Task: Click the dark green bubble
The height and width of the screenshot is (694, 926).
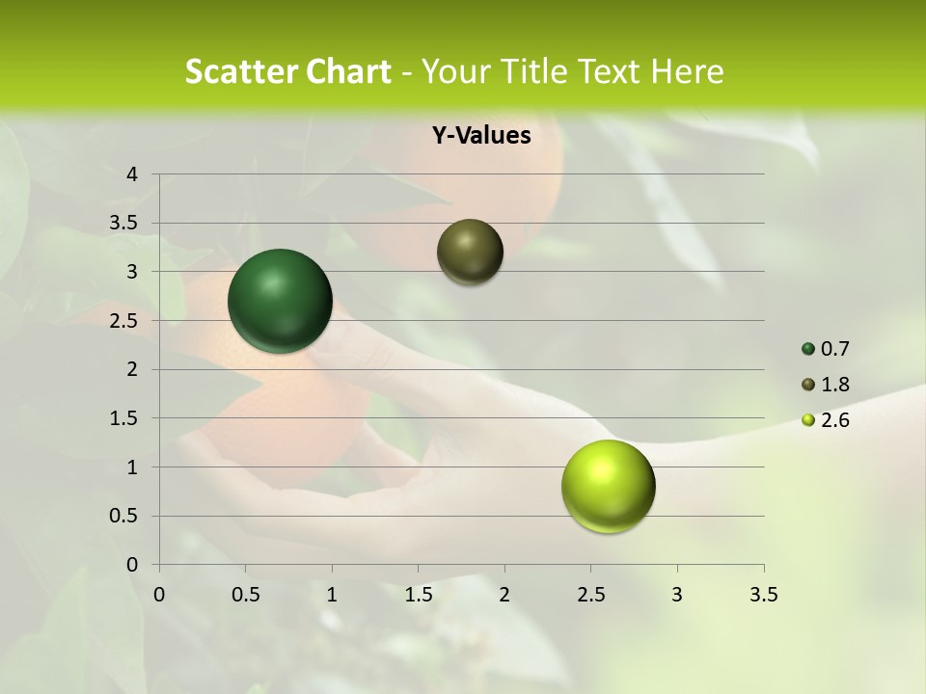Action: coord(281,301)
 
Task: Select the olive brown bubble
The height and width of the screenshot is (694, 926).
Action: coord(470,252)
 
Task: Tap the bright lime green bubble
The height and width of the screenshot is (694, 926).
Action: coord(608,486)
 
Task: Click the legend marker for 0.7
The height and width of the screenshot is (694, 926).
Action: coord(808,349)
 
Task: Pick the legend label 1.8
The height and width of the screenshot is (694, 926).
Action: coord(834,385)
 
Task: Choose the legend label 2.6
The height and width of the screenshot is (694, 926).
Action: coord(834,420)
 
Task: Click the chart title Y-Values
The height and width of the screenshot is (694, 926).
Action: coord(481,136)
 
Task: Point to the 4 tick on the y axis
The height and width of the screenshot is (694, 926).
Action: coord(133,174)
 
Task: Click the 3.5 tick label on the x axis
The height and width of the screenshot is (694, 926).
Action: coord(763,595)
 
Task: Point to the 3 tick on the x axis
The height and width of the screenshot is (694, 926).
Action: coord(677,595)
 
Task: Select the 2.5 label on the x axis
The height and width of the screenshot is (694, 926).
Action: coord(590,595)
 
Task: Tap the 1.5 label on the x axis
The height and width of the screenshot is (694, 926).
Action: coord(418,595)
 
